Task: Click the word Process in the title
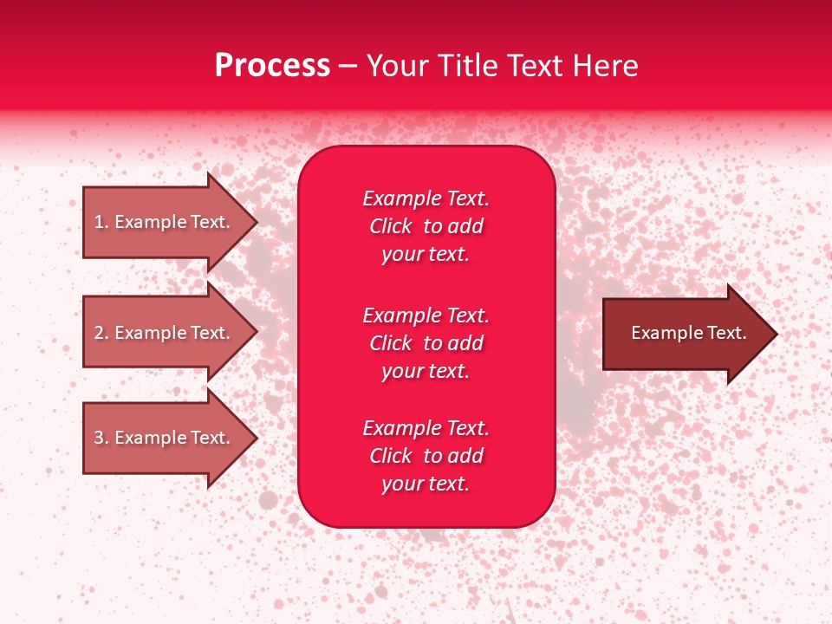point(272,66)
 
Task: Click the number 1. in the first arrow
point(101,222)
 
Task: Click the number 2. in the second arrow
point(101,333)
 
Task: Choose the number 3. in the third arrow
point(101,438)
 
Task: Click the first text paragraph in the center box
point(426,226)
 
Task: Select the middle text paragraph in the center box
point(426,343)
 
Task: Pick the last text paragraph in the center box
point(426,456)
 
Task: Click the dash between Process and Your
point(348,66)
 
